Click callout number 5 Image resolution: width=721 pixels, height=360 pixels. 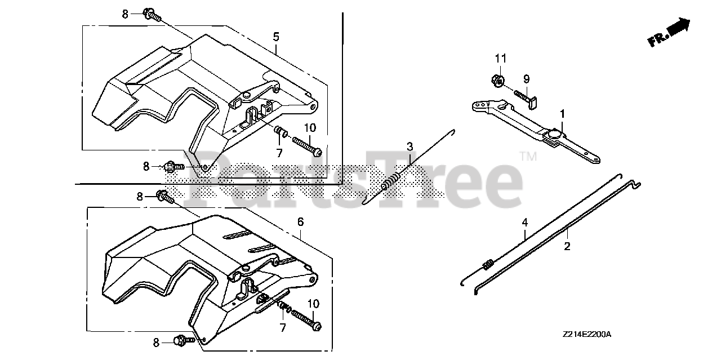pos(276,37)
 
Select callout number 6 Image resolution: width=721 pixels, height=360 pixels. pos(301,222)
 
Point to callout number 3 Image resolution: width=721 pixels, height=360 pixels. pos(410,147)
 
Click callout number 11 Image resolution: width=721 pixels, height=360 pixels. pos(501,59)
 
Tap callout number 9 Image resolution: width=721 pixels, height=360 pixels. pos(526,79)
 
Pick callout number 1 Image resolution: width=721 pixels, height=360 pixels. pos(562,114)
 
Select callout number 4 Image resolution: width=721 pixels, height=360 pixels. pos(525,223)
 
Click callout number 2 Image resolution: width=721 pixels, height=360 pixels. pos(567,246)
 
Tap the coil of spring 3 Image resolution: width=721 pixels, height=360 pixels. pos(390,182)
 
